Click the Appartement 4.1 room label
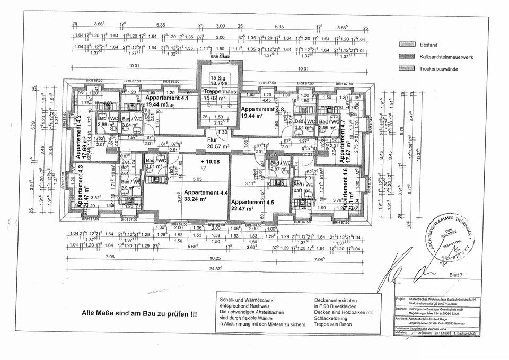point(167,99)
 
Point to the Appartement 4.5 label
point(253,202)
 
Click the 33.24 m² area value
point(203,199)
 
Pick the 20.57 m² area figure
point(218,146)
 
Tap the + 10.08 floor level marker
point(211,161)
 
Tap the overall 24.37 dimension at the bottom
point(215,268)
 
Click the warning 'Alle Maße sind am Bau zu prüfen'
point(139,314)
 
